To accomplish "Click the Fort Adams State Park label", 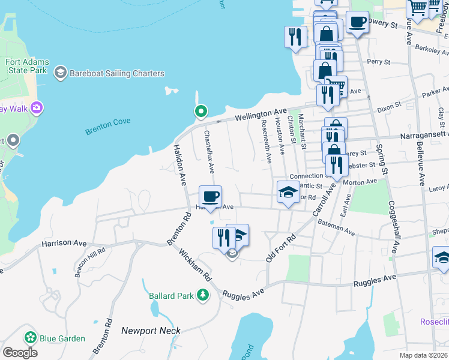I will pyautogui.click(x=26, y=66).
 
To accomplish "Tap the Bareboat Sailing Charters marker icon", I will pyautogui.click(x=60, y=73).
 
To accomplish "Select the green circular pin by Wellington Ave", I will pyautogui.click(x=200, y=111).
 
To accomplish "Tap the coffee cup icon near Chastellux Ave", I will pyautogui.click(x=210, y=196).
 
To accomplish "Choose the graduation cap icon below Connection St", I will pyautogui.click(x=288, y=193).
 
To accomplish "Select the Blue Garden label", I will pyautogui.click(x=63, y=338).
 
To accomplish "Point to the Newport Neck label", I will pyautogui.click(x=151, y=331).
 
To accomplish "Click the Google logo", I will pyautogui.click(x=19, y=353).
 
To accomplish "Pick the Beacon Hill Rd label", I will pyautogui.click(x=90, y=262).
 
